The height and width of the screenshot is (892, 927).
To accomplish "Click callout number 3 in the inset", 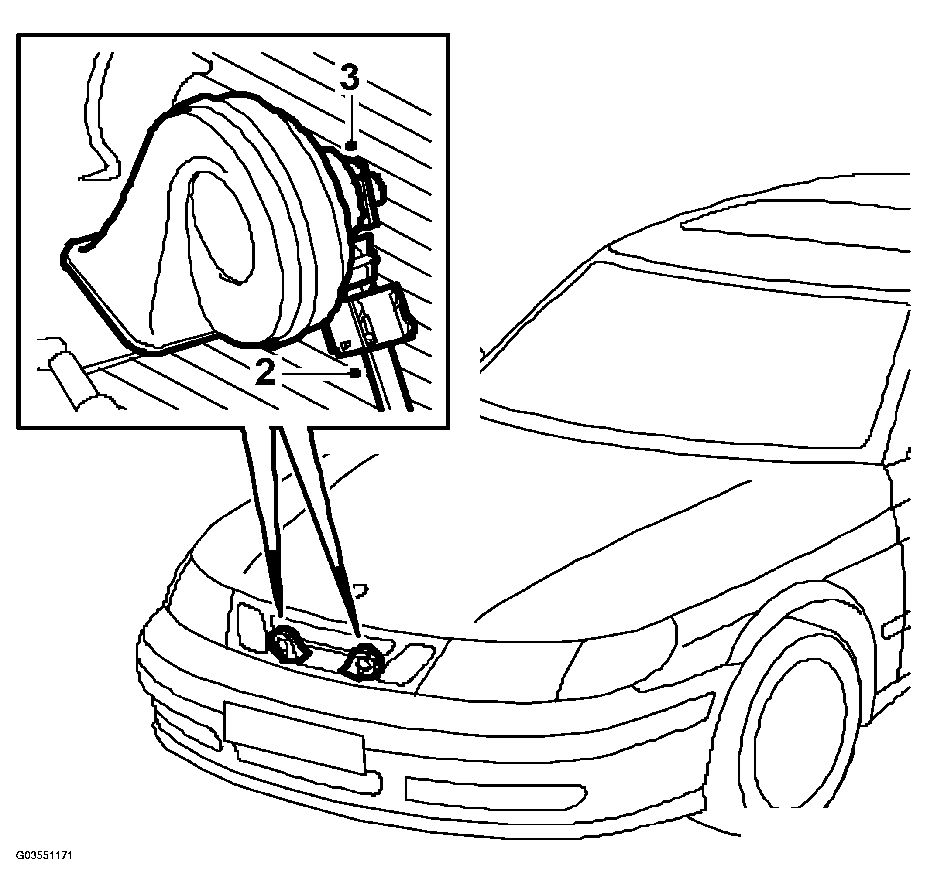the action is (x=350, y=78).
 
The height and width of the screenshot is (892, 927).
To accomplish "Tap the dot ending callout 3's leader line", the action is (x=350, y=145).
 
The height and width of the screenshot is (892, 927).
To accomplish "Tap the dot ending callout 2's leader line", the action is (x=356, y=374).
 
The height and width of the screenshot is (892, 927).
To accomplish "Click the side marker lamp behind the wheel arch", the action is (x=896, y=626).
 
